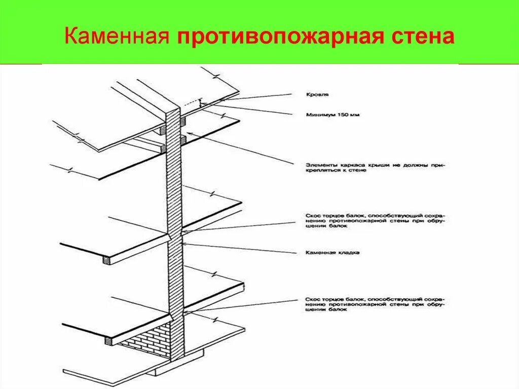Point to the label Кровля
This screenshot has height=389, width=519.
pyautogui.click(x=318, y=95)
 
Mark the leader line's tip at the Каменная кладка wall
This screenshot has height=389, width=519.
pyautogui.click(x=182, y=244)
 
